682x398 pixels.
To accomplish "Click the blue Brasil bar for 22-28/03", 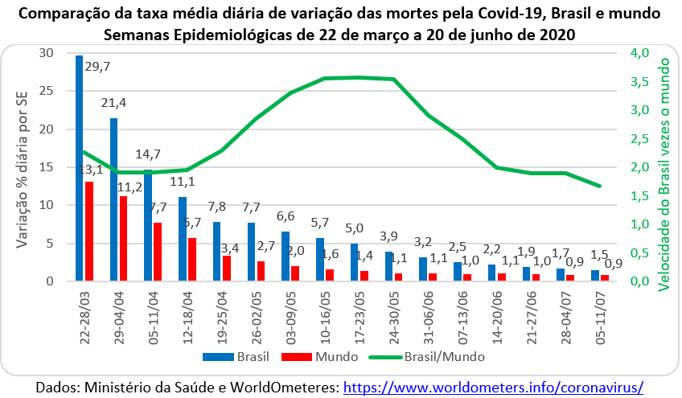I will pyautogui.click(x=79, y=169).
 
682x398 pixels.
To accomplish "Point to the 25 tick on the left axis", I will pyautogui.click(x=47, y=91).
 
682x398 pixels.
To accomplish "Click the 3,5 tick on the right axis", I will pyautogui.click(x=639, y=82).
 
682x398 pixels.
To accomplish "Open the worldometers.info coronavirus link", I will pyautogui.click(x=494, y=387).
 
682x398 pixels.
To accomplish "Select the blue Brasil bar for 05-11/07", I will pyautogui.click(x=595, y=276).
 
